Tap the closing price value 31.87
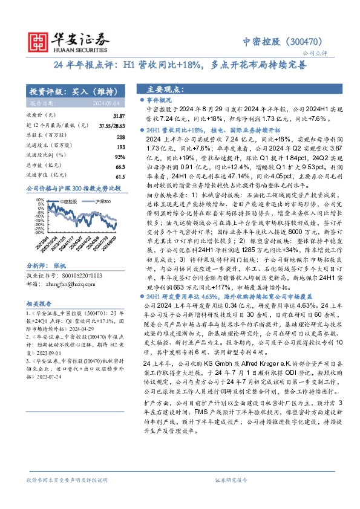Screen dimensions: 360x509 (119, 115)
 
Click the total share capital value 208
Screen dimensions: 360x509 (120, 137)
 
